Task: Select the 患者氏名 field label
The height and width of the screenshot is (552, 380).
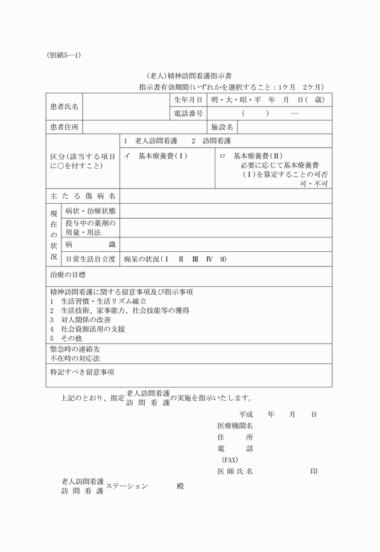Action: (x=64, y=107)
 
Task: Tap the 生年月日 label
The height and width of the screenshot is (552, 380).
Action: (x=188, y=100)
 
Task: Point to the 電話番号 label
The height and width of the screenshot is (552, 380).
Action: (x=188, y=113)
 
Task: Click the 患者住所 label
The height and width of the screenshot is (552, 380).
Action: (x=64, y=127)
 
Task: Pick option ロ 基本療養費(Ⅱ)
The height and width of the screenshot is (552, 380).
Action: (x=247, y=155)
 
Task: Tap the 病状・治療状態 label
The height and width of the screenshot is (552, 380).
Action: (x=90, y=211)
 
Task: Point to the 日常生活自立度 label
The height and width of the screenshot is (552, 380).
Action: (x=90, y=259)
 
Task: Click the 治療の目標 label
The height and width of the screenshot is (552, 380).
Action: (x=68, y=275)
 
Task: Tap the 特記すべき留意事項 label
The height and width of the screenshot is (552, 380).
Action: (x=81, y=372)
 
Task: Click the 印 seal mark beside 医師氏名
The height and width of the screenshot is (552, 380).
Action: (x=314, y=471)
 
